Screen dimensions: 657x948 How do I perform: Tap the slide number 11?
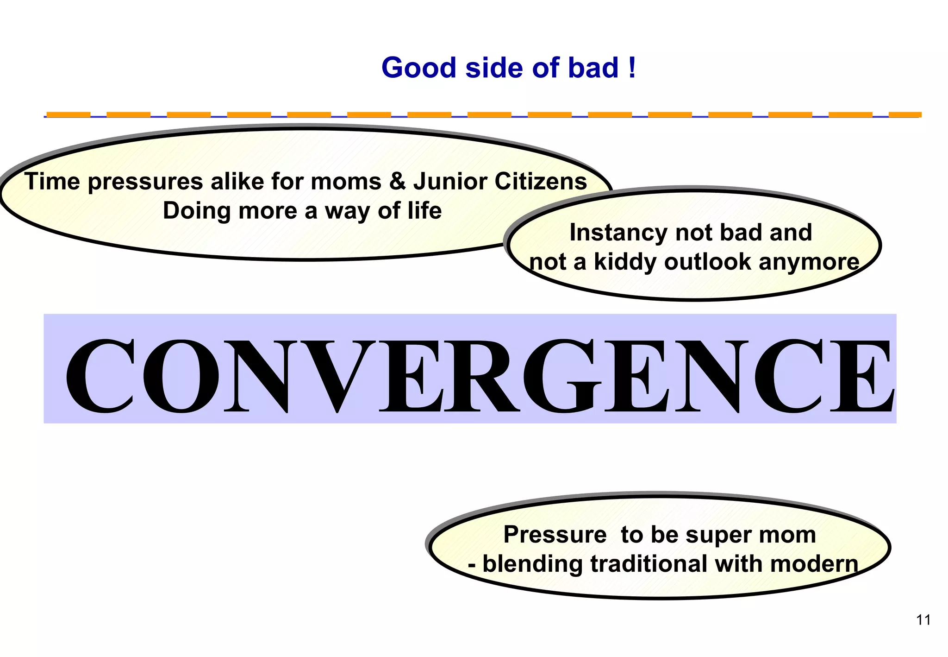tap(923, 620)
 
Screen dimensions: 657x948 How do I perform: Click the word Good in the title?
tap(419, 68)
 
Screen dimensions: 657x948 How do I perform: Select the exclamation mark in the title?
tap(632, 68)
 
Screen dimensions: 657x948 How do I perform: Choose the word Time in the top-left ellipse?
tap(52, 181)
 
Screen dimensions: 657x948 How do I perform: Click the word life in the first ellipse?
tap(424, 211)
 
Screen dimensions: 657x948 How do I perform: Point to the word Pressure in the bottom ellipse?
tap(555, 535)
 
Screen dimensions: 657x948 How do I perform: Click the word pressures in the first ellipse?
tap(145, 182)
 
